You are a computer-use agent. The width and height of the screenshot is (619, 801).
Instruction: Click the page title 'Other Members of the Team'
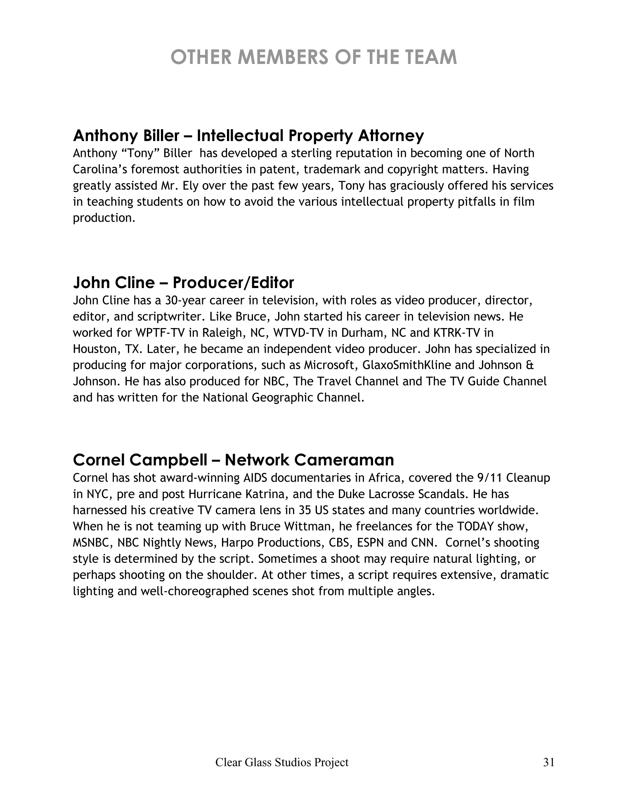coord(314,57)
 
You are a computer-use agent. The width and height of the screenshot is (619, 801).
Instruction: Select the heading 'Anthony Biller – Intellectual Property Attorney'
coord(248,135)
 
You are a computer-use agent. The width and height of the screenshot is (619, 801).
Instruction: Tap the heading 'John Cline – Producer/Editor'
coord(183,283)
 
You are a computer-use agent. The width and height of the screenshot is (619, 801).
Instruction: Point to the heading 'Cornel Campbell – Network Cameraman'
coord(233,460)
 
